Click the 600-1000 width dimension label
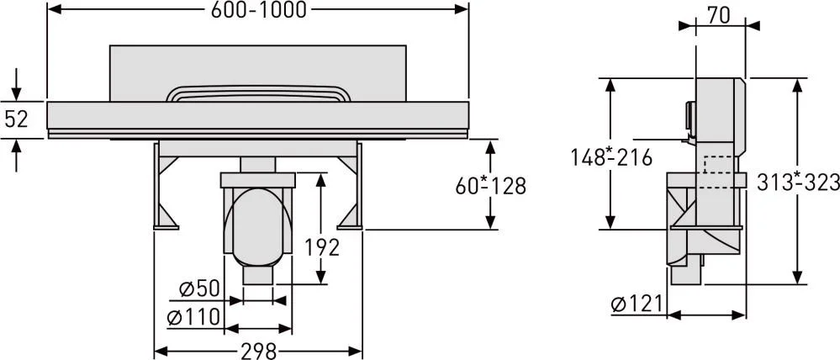point(259,9)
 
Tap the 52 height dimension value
point(16,119)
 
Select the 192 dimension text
point(322,247)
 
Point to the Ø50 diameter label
point(199,289)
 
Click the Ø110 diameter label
point(194,317)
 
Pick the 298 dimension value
point(258,351)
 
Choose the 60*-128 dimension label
point(491,186)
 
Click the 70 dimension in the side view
point(718,16)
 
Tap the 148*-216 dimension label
point(610,157)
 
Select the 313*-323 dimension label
point(798,183)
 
